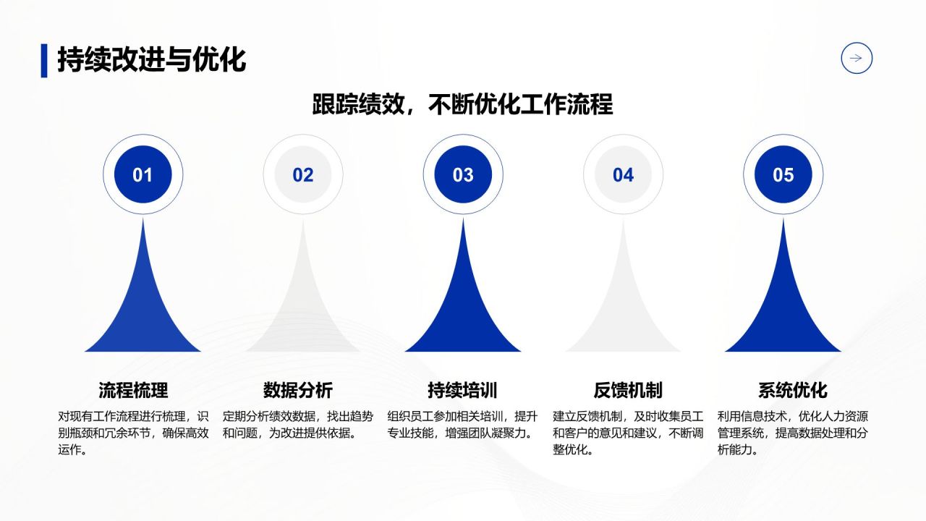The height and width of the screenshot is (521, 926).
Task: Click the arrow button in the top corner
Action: [x=857, y=59]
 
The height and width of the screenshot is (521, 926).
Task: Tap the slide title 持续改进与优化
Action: [x=151, y=59]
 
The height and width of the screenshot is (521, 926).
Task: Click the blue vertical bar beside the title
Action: [x=44, y=60]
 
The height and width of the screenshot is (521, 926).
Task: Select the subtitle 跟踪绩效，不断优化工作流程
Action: [x=462, y=104]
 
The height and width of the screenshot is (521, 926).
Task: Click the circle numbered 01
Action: [x=143, y=174]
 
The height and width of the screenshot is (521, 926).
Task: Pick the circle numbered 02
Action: [x=303, y=174]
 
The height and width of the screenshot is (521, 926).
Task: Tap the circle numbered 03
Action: [x=463, y=174]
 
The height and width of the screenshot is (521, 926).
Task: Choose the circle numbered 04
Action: [x=623, y=174]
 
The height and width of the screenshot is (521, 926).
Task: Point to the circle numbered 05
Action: [x=783, y=174]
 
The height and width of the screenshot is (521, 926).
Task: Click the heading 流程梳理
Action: [x=133, y=390]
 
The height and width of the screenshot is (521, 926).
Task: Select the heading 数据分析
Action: [x=298, y=390]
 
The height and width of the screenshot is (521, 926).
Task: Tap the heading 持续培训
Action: [x=462, y=390]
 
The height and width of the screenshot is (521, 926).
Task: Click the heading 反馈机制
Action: [x=628, y=390]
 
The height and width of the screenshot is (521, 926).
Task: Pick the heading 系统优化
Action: [x=792, y=390]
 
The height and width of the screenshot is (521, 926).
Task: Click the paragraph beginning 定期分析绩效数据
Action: [x=298, y=425]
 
